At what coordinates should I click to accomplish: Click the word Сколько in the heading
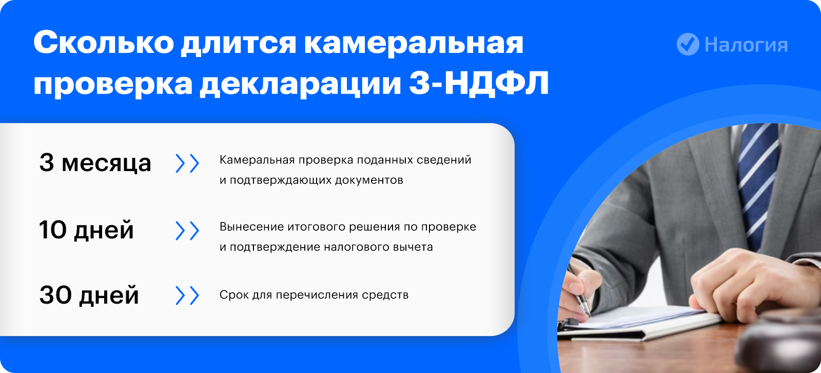pos(104,42)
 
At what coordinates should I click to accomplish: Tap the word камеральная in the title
pos(414,43)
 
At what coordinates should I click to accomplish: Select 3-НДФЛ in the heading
pos(479,84)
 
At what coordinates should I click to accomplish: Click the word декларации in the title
pos(301,84)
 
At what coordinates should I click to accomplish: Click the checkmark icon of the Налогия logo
pos(688,44)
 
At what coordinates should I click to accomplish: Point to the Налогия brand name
pos(746,45)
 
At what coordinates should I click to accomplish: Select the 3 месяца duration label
pos(95,163)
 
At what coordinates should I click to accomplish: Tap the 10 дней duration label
pos(87,230)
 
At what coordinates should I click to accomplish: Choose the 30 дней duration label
pos(89,295)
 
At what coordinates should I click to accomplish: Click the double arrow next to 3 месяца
pos(187,163)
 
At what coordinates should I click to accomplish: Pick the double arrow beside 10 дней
pos(187,231)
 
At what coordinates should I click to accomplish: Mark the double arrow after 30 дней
pos(187,295)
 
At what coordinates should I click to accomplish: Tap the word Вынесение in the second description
pos(251,227)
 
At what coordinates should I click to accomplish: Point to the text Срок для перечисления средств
pos(314,295)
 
